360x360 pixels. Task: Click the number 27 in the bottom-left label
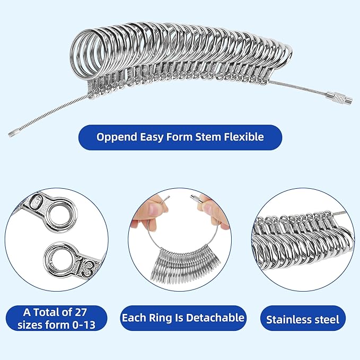pyautogui.click(x=86, y=311)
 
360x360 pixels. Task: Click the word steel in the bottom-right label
pyautogui.click(x=329, y=320)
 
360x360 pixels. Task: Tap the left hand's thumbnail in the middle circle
pyautogui.click(x=150, y=208)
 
